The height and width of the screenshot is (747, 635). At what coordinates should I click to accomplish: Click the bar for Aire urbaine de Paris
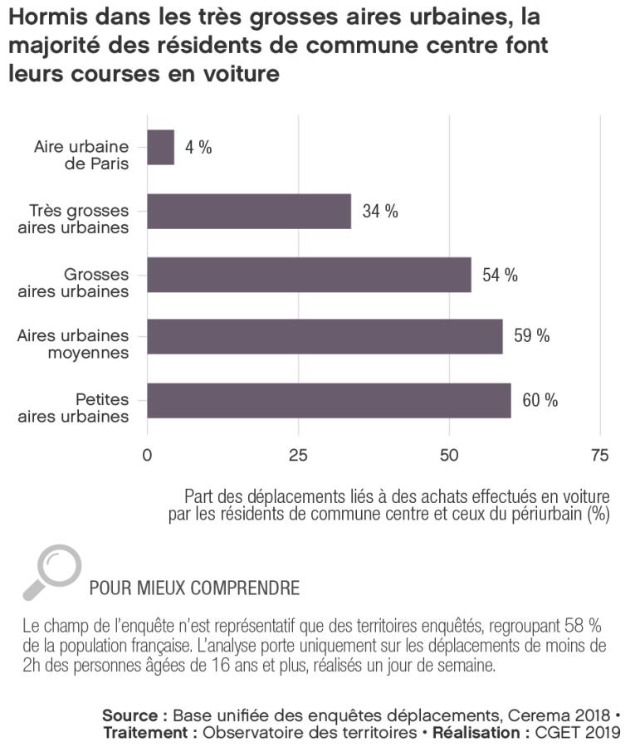tap(161, 148)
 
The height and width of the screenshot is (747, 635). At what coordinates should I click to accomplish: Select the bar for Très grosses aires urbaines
tap(249, 211)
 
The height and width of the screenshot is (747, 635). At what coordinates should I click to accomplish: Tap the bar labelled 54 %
tap(309, 275)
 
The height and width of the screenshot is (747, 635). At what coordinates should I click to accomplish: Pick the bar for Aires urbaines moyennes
tap(325, 336)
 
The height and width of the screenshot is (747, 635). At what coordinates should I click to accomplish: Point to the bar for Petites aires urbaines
tap(329, 400)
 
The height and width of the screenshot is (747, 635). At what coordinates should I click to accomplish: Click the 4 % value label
tap(198, 148)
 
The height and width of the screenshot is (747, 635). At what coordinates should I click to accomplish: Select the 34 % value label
tap(380, 211)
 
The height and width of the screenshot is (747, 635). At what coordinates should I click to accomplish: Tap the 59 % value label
tap(532, 336)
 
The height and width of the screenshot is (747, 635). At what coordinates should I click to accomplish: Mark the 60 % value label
tap(540, 400)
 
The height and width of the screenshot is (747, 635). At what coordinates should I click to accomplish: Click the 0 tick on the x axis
tap(148, 455)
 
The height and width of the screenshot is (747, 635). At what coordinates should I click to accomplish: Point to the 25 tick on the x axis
tap(298, 455)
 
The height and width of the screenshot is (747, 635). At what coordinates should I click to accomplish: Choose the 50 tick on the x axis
tap(449, 455)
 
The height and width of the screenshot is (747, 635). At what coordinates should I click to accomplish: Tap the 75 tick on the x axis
tap(599, 455)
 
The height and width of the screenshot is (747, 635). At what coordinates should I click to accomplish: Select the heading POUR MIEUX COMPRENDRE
tap(194, 588)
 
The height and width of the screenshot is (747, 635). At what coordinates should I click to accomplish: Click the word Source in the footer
tap(129, 715)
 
